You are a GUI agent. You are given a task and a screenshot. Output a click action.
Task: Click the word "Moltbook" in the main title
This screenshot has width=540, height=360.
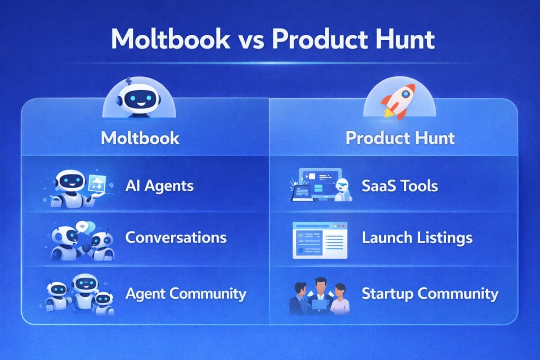(171, 38)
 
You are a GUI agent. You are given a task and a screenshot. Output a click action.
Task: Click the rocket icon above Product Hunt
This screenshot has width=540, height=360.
(399, 101)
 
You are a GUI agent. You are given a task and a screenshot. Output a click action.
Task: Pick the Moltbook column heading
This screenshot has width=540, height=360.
(140, 138)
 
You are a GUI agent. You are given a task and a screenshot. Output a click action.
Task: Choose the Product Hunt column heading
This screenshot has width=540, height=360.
(400, 138)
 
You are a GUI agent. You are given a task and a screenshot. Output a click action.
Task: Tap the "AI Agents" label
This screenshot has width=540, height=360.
(159, 186)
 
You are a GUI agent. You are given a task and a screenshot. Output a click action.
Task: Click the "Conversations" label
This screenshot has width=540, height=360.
(176, 238)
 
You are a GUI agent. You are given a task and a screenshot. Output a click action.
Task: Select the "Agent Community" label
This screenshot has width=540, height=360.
(186, 294)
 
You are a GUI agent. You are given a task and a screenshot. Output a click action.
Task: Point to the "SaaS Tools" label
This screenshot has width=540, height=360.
(400, 186)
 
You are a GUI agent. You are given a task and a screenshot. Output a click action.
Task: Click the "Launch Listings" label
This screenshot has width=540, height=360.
(417, 238)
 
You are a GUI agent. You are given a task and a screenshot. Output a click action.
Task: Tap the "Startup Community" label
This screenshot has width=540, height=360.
(430, 294)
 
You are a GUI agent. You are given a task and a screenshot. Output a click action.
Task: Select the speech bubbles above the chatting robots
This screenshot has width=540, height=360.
(85, 227)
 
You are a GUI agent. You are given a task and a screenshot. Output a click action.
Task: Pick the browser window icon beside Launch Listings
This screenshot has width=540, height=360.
(320, 240)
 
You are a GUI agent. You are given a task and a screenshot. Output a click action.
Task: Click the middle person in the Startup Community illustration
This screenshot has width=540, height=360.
(320, 296)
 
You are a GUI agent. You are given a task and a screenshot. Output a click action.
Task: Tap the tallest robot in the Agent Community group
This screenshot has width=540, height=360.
(84, 293)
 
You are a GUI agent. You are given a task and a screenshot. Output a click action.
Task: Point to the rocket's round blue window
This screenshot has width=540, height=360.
(406, 93)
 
